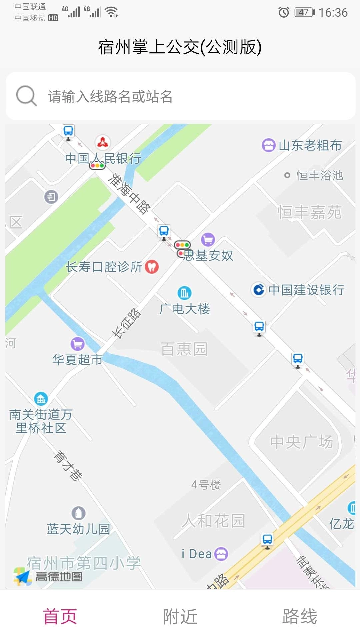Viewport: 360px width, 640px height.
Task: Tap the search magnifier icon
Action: coord(26,96)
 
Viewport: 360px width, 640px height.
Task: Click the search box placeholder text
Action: coord(110,96)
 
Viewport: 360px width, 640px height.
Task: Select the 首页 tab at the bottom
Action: coord(60,616)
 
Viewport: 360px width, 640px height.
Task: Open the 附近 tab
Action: coord(180,616)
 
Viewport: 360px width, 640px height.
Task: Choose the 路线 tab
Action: coord(299,616)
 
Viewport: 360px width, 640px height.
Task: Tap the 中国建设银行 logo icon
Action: coord(259,289)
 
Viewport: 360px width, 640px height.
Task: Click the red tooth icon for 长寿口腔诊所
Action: coord(152,267)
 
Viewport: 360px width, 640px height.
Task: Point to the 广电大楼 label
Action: coord(185,309)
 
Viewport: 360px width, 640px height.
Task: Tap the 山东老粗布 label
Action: coord(310,145)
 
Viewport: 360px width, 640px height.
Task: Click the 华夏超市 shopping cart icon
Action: coord(77,344)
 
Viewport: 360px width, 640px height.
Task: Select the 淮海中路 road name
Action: coord(130,193)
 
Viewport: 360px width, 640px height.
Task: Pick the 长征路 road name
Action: coord(126,323)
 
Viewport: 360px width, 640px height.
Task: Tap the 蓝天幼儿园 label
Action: coord(78,529)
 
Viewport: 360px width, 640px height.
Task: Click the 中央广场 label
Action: coord(301,442)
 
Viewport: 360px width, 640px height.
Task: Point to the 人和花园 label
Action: coord(213,521)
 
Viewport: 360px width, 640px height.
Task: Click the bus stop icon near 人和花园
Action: coord(267,540)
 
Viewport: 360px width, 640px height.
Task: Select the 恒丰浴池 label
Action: coord(319,175)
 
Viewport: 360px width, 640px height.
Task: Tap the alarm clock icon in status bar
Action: coord(284,13)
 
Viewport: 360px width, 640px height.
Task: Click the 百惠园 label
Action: coord(184,349)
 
